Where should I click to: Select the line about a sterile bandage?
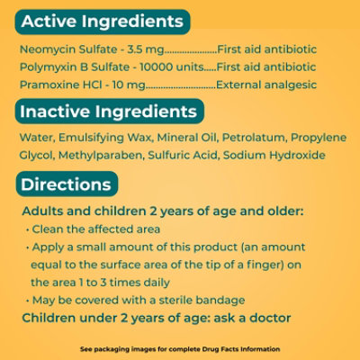point(138,299)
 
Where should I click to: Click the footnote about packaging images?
point(180,347)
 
